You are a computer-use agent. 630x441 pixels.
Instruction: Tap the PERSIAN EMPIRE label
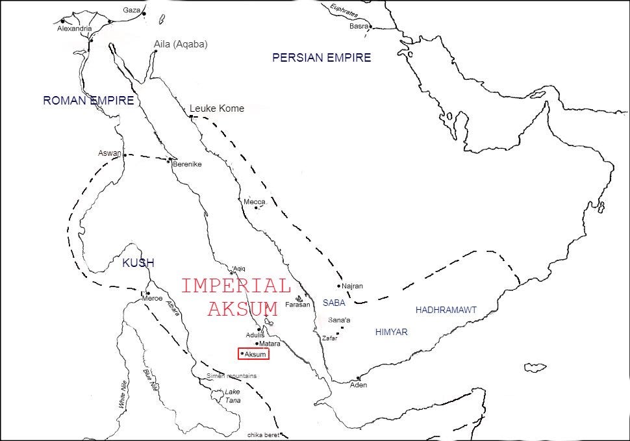321,58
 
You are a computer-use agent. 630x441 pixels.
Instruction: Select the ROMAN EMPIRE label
88,101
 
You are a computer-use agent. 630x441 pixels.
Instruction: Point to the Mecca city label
254,202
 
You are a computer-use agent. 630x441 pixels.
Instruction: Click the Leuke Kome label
217,108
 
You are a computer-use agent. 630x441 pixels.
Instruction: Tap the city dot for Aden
358,378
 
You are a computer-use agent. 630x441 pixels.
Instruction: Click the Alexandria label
74,29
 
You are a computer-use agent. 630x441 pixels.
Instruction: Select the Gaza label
131,10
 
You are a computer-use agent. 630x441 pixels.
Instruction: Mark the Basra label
358,27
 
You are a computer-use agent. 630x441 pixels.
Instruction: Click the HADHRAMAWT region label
446,310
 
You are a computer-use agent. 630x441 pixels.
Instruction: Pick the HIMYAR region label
391,332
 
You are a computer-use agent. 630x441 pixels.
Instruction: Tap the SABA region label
334,303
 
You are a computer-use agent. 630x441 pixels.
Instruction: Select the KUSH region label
138,263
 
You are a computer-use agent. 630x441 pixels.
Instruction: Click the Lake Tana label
232,396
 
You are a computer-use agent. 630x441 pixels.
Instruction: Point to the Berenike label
187,164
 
